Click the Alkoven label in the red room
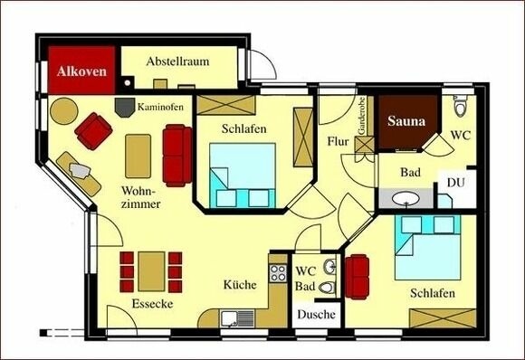[82, 70]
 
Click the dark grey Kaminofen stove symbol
[122, 106]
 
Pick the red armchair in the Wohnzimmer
[93, 131]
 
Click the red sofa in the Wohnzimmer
[177, 154]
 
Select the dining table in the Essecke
[151, 270]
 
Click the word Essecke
[151, 303]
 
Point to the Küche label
[240, 284]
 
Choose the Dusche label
[316, 314]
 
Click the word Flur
[338, 141]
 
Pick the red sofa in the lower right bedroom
[358, 275]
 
